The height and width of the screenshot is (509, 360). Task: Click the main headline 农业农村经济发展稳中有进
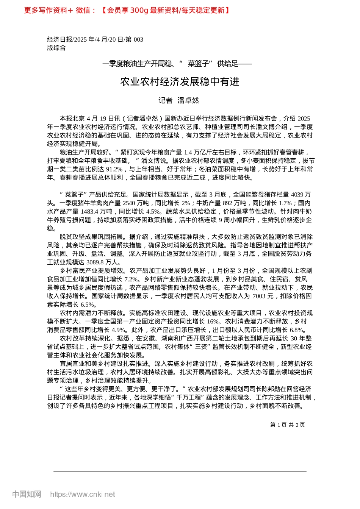(x=180, y=82)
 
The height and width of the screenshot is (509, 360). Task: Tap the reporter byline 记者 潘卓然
(x=178, y=100)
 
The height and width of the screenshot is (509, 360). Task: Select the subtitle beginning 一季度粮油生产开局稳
(x=177, y=64)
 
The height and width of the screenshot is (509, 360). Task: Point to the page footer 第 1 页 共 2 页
(x=287, y=425)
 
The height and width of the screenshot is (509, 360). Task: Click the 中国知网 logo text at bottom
(x=27, y=494)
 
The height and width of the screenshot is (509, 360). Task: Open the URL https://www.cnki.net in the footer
(x=83, y=494)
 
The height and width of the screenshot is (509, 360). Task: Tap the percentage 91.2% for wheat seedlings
(x=114, y=169)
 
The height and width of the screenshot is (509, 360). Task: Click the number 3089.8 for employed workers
(x=97, y=262)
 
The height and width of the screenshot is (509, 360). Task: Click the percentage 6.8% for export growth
(x=297, y=330)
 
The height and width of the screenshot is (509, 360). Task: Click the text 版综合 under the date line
(x=56, y=48)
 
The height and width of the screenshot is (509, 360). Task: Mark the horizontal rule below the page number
(x=180, y=472)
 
